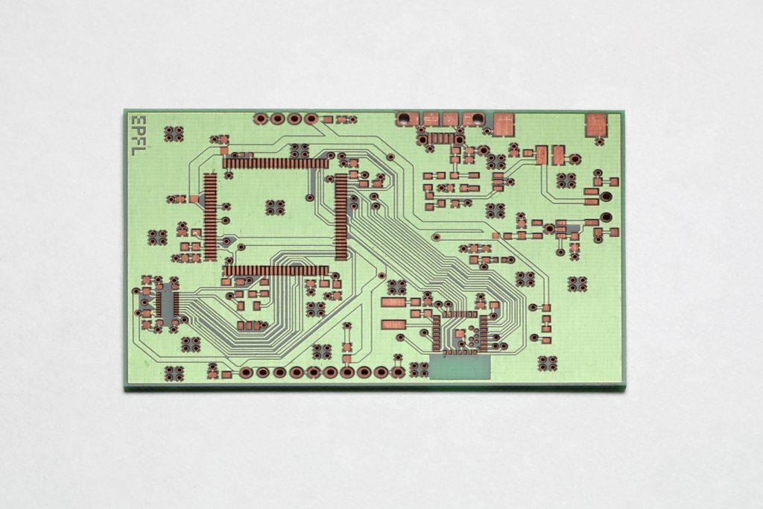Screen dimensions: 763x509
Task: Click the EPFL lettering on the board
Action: point(139,135)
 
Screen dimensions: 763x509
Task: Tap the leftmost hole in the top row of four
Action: point(261,118)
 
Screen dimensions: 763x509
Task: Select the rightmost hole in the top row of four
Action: point(311,118)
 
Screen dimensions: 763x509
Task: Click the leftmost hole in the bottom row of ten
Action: point(246,373)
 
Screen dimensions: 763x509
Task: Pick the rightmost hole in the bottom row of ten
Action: point(398,373)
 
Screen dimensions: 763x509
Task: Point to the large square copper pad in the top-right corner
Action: point(596,125)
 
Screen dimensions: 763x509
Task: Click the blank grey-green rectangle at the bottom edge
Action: point(460,367)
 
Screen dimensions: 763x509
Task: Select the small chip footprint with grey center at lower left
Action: point(166,303)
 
